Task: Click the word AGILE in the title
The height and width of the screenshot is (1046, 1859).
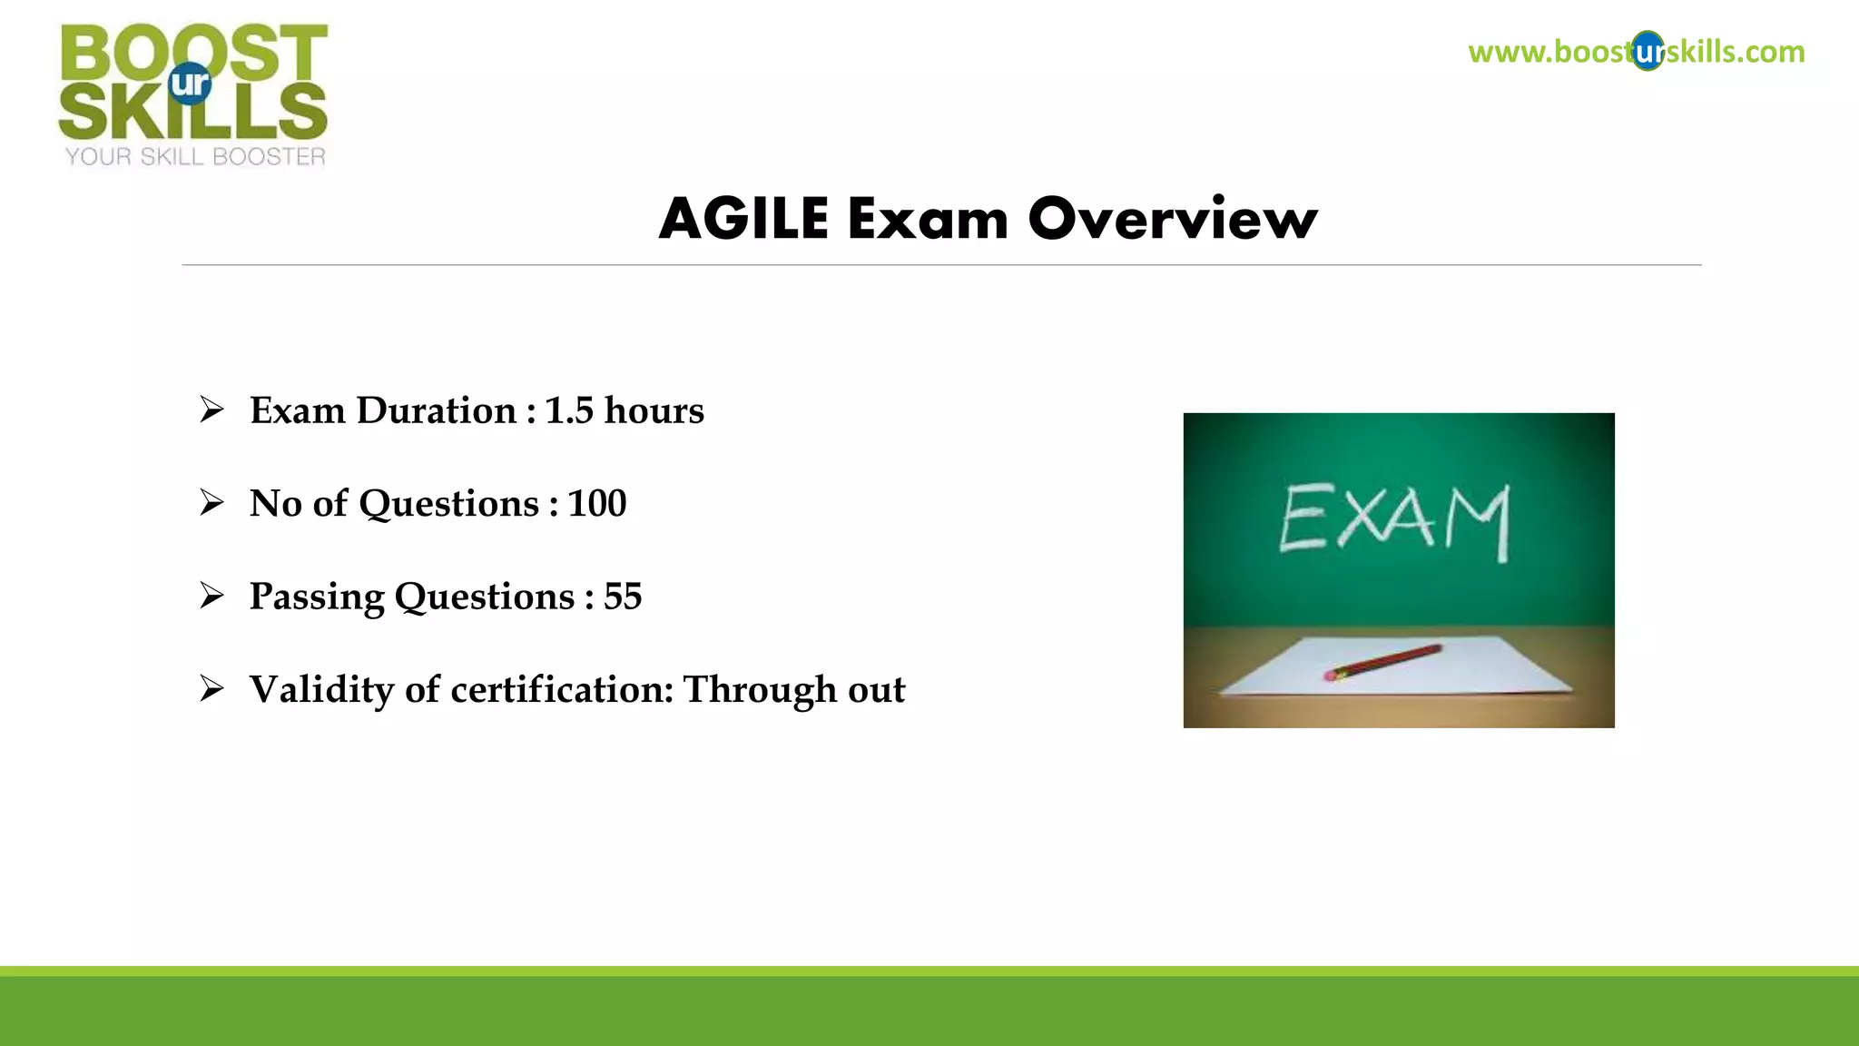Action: point(743,219)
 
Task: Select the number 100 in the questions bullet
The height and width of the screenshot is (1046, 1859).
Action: point(597,503)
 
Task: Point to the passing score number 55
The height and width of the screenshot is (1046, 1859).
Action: point(623,597)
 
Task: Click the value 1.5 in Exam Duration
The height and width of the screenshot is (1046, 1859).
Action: point(569,410)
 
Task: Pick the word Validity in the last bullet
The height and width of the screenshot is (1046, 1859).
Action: point(321,689)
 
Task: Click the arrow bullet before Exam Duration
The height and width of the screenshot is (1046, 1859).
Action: point(211,410)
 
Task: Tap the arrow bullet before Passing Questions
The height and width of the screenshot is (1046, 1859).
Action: point(211,596)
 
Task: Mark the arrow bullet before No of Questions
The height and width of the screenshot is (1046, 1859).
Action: point(211,502)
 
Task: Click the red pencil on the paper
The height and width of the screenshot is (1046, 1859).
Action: point(1383,662)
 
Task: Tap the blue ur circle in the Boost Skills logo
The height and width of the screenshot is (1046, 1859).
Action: point(190,84)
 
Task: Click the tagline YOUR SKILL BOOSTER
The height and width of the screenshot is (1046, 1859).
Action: point(195,157)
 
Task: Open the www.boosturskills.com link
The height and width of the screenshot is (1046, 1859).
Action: point(1636,52)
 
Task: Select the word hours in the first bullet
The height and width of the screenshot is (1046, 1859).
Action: point(654,410)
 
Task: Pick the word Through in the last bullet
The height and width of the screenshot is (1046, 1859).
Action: point(760,689)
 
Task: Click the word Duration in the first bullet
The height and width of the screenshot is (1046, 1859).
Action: point(437,410)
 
